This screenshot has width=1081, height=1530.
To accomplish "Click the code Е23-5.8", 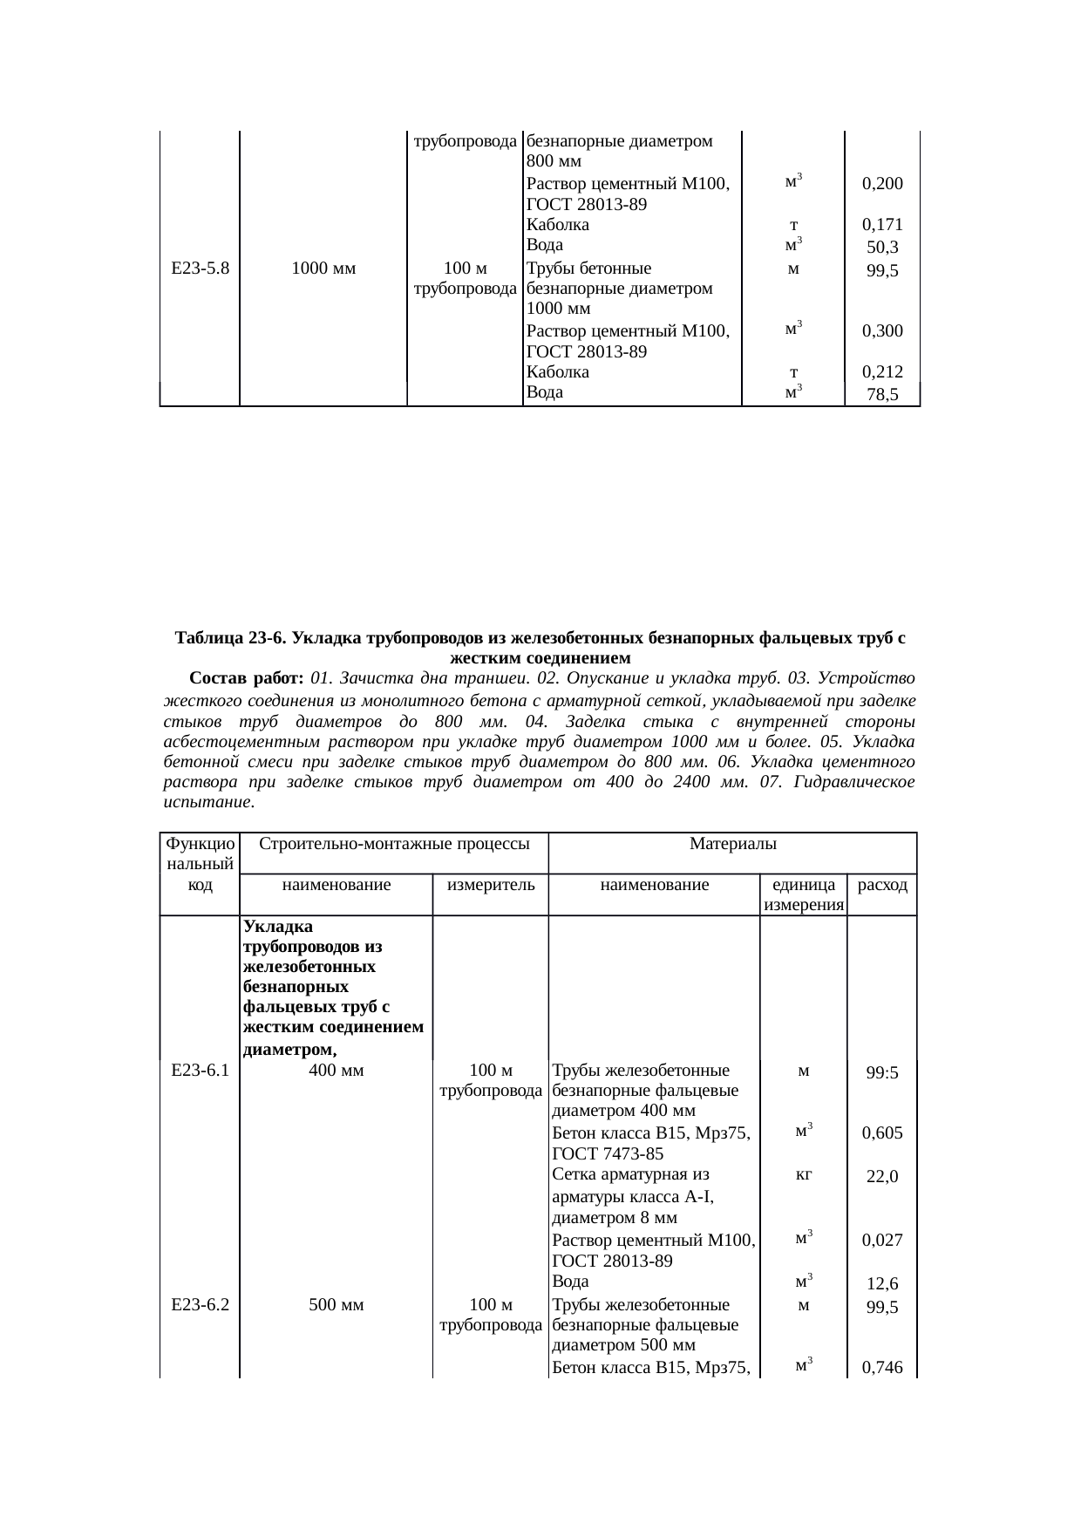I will (201, 269).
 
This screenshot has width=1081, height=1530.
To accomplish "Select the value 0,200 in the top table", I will (881, 184).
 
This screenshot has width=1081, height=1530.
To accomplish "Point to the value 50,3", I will (882, 248).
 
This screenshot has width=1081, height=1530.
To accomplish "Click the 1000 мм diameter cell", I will (323, 269).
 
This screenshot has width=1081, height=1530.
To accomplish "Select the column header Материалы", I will (732, 843).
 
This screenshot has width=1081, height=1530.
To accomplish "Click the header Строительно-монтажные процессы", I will (395, 843).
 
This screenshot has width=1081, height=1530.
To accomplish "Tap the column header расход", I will (882, 886).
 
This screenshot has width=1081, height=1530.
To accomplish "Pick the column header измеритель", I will (490, 886).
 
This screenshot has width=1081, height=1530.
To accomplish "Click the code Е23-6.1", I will (201, 1071).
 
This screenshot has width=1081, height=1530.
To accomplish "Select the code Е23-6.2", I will (201, 1305).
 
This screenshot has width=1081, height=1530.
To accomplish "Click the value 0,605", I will (881, 1133).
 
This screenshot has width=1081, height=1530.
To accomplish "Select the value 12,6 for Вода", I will (882, 1284).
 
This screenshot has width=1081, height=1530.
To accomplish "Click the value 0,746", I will (881, 1369).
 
